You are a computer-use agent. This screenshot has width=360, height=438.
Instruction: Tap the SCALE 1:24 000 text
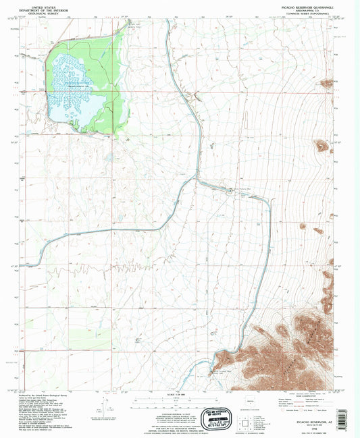pos(180,395)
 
